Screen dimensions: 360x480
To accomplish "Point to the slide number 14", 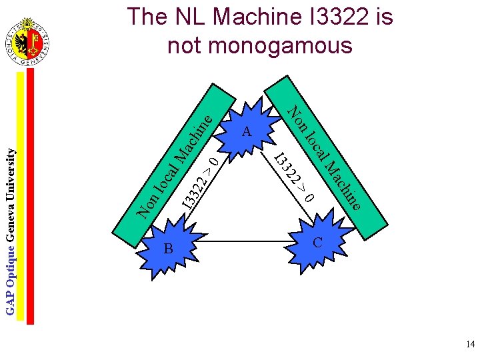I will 470,345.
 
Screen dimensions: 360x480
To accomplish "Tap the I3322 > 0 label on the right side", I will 294,177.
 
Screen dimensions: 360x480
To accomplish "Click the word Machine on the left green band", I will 189,140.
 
